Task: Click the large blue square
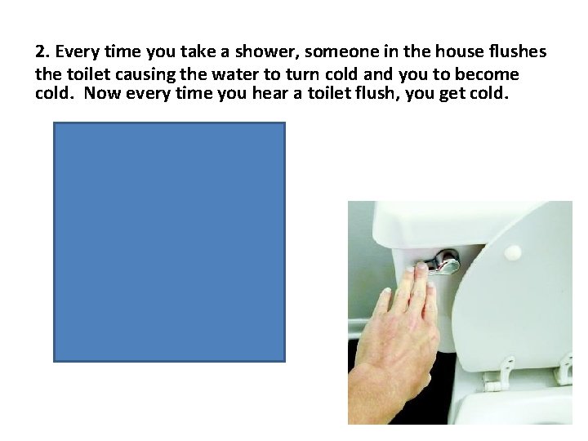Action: [x=169, y=242]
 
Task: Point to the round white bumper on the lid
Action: [x=513, y=252]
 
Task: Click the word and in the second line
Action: [x=378, y=74]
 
